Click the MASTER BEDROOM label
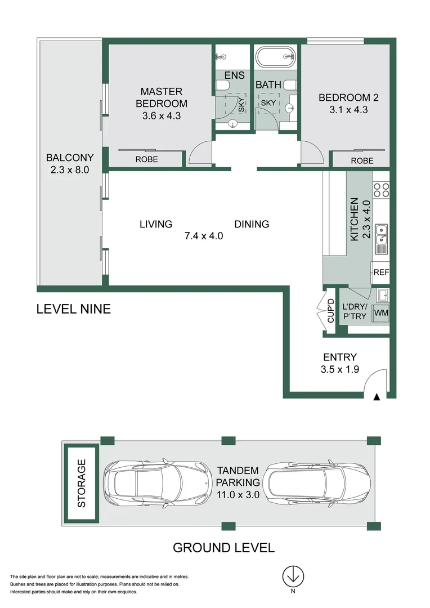(x=162, y=97)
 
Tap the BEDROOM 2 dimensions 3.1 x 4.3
(x=348, y=110)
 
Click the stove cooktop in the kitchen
(x=381, y=190)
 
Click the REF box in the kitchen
(x=380, y=272)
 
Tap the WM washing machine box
(x=381, y=312)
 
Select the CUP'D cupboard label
(x=331, y=311)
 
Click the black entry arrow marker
(x=377, y=397)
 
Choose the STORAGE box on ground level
(x=81, y=483)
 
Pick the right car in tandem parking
(x=316, y=483)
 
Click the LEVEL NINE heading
(x=74, y=309)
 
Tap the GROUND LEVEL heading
(x=224, y=548)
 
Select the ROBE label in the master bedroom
(x=146, y=159)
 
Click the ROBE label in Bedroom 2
(x=362, y=160)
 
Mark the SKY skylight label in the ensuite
(x=241, y=105)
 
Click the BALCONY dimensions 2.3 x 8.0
(x=70, y=169)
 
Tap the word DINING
(x=252, y=224)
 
